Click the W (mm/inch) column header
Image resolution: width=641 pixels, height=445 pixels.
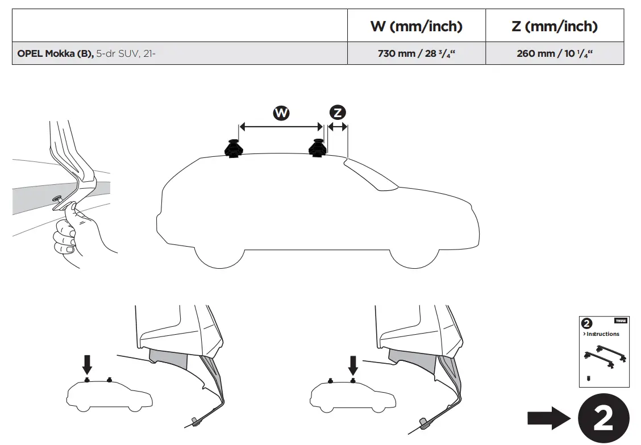(x=416, y=26)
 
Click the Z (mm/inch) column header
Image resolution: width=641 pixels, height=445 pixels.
(x=554, y=26)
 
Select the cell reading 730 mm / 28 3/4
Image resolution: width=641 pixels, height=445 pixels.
(x=416, y=55)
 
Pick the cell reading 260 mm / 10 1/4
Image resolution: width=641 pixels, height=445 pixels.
(x=554, y=55)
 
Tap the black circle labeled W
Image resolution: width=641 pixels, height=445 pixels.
(x=281, y=113)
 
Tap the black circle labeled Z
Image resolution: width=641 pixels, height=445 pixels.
(x=338, y=112)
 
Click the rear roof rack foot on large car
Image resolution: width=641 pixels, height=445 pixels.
(x=233, y=149)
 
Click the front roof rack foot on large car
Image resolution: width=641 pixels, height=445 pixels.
(x=317, y=148)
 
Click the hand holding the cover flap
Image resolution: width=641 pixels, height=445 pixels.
(x=71, y=233)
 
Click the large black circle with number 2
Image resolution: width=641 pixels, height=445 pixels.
(x=603, y=419)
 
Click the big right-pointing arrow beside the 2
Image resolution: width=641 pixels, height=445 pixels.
(x=548, y=419)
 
